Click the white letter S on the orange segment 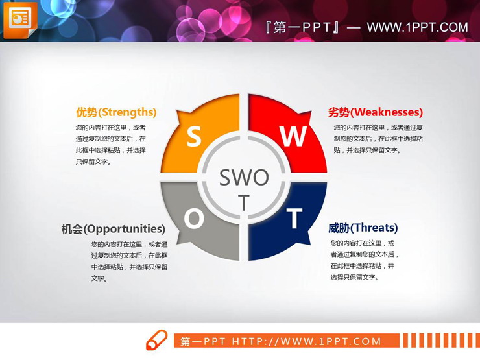pos(193,137)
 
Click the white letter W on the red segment pos(293,137)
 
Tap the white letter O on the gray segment pos(193,219)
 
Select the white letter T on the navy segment pos(294,219)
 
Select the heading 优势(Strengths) pos(116,112)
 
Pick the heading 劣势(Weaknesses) pos(375,112)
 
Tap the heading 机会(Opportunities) pos(113,228)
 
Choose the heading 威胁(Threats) pos(363,228)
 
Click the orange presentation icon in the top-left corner pos(20,19)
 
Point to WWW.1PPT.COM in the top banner pos(417,27)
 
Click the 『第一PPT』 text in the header pos(303,27)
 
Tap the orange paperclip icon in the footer pos(156,341)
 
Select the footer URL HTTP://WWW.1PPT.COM pos(307,341)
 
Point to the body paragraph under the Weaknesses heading pos(378,139)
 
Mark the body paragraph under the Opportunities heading pos(129,261)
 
